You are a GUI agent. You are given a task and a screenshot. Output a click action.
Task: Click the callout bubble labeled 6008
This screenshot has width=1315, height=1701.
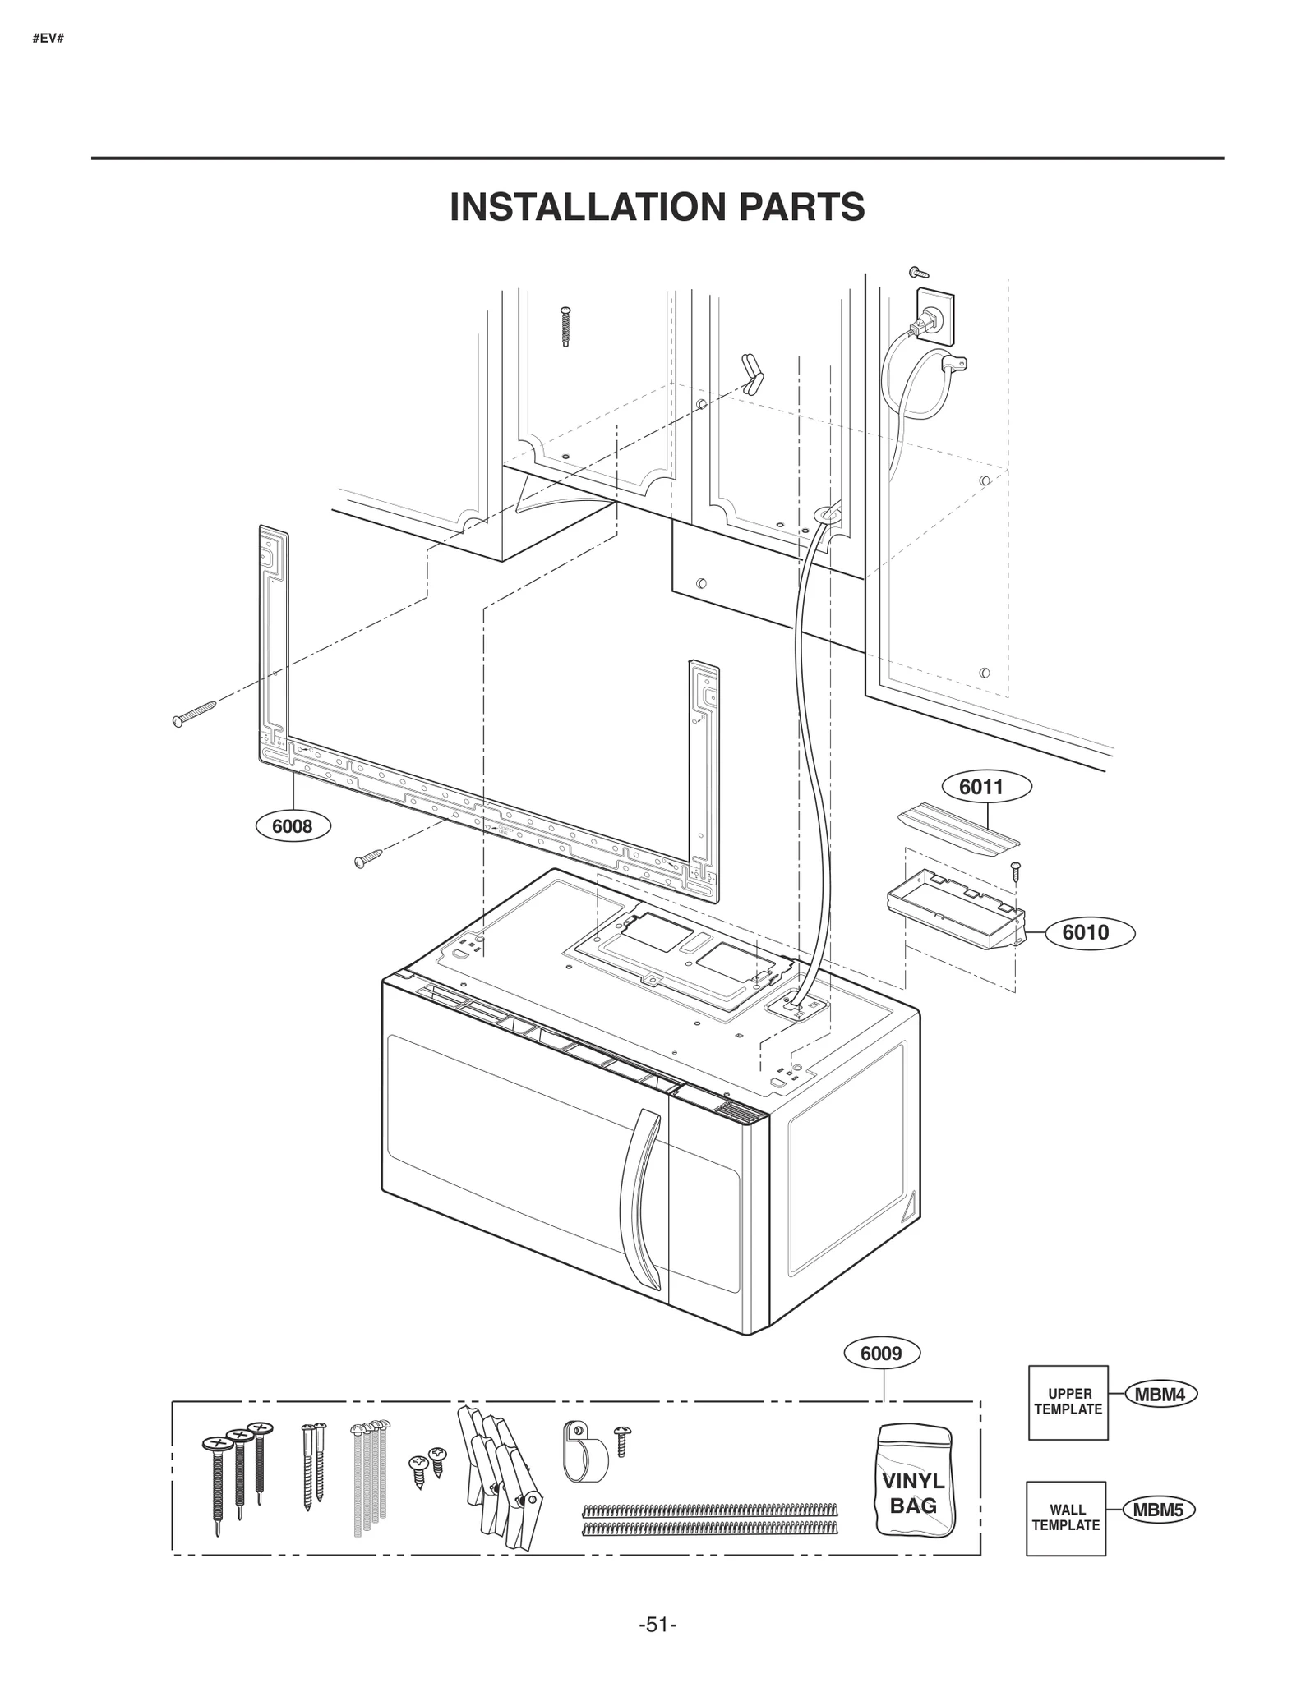click(x=293, y=826)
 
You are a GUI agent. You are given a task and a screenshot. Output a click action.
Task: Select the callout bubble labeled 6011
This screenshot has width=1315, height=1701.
click(x=981, y=787)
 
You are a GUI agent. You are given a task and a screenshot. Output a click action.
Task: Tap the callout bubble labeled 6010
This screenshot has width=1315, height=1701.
click(x=1085, y=932)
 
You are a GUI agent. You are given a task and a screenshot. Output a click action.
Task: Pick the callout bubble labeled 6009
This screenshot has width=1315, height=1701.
click(x=881, y=1353)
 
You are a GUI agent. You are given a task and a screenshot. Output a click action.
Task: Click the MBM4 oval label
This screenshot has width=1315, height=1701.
click(x=1160, y=1394)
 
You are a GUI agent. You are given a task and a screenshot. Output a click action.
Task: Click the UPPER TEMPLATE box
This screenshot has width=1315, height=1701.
click(x=1068, y=1402)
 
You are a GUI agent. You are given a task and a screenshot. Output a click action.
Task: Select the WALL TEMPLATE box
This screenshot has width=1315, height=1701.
click(x=1065, y=1518)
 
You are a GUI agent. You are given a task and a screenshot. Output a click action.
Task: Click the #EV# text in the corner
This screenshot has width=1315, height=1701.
click(x=48, y=39)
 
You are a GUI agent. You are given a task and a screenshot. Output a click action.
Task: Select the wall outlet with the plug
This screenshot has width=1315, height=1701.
click(x=934, y=316)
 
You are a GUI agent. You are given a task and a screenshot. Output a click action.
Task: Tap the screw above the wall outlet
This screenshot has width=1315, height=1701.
click(x=917, y=272)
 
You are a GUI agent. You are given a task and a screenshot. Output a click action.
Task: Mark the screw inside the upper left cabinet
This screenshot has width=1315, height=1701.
click(x=565, y=326)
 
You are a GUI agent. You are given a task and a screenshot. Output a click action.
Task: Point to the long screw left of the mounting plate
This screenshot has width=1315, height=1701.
click(x=194, y=713)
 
